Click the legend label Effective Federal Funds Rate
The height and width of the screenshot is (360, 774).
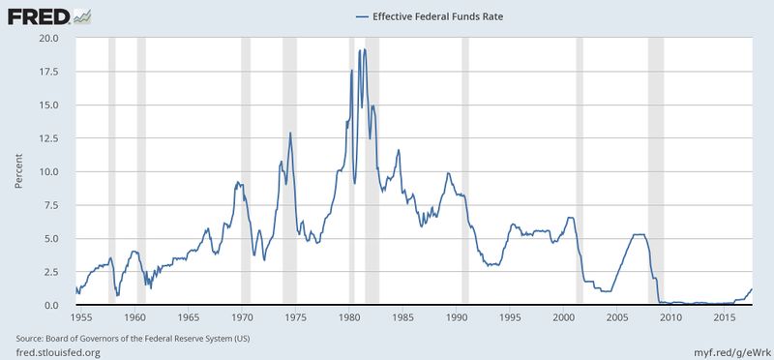424,15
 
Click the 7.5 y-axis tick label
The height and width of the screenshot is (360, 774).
50,205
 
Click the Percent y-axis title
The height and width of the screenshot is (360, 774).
17,172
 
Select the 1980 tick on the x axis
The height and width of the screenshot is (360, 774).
350,317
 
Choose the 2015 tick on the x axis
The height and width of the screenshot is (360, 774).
725,317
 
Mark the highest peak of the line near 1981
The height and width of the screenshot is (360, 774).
363,49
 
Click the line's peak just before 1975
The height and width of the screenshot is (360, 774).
290,134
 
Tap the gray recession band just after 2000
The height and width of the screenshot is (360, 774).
580,171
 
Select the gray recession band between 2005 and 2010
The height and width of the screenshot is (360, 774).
655,171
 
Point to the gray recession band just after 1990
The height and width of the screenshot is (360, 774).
465,171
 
